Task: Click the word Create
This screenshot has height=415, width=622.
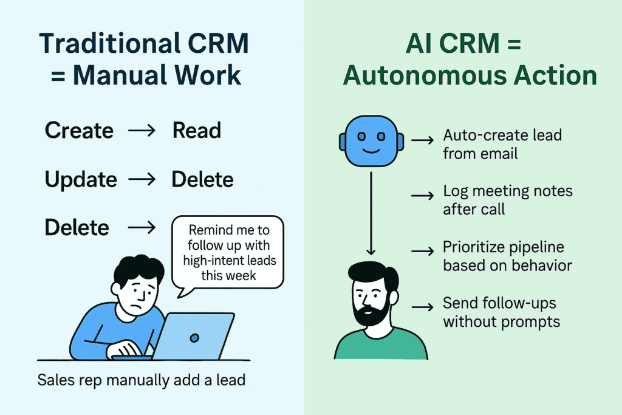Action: [x=79, y=131]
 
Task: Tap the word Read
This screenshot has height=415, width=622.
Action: [x=197, y=131]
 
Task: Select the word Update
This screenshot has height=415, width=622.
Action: [x=81, y=180]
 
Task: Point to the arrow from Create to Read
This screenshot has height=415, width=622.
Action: [x=142, y=131]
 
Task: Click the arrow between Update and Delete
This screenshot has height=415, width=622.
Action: [x=142, y=179]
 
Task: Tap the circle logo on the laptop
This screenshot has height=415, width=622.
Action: [x=194, y=338]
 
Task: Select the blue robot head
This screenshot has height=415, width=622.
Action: [x=371, y=141]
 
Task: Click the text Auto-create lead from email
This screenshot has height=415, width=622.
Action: [x=502, y=145]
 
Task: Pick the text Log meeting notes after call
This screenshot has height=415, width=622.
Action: [x=508, y=200]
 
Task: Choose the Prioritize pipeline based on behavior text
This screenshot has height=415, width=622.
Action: [x=507, y=256]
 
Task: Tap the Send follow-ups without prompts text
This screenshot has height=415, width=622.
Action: [x=501, y=312]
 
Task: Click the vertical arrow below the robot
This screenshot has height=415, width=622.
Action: [x=371, y=213]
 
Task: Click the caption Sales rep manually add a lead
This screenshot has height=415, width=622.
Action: [x=141, y=380]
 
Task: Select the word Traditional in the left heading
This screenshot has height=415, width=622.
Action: [x=110, y=44]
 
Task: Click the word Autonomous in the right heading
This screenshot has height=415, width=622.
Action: [x=425, y=75]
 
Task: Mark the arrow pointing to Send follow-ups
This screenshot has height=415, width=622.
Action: [x=423, y=307]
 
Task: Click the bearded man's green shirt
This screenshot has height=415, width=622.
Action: [x=381, y=346]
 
